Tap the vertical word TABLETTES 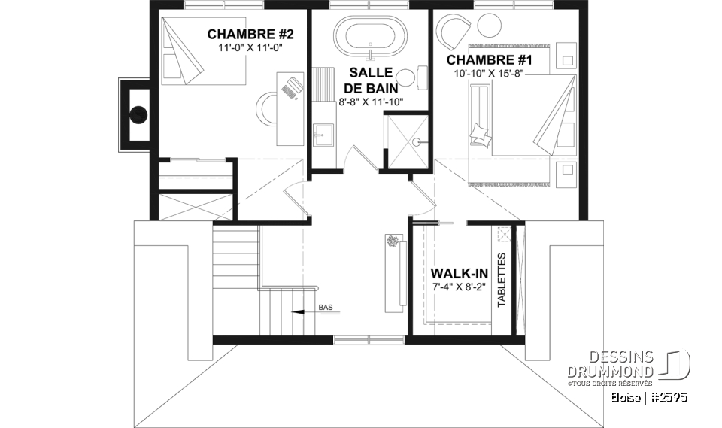[x=502, y=280]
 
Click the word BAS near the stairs [x=326, y=307]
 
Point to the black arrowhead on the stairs [x=297, y=310]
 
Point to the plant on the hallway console [x=393, y=241]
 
